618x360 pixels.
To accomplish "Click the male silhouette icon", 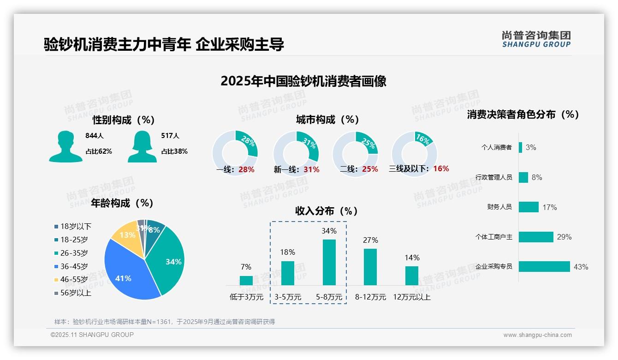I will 65,147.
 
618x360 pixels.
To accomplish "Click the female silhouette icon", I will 142,147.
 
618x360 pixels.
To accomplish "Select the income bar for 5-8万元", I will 329,262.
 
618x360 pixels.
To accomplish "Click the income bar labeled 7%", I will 246,280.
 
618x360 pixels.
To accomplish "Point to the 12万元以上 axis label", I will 411,297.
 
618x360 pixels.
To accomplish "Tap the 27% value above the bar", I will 370,240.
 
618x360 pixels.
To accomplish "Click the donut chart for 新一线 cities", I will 296,153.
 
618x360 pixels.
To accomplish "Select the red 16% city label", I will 441,168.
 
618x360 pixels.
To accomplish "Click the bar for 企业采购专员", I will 544,266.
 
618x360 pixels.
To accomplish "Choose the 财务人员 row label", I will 499,207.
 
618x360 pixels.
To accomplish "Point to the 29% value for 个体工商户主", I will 564,237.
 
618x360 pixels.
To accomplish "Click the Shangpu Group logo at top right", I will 536,39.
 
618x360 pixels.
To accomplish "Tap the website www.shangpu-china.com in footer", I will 537,335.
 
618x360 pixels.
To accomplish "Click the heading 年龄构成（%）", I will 122,203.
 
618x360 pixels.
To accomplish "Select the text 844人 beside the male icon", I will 95,136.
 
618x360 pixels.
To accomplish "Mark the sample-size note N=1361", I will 164,322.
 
